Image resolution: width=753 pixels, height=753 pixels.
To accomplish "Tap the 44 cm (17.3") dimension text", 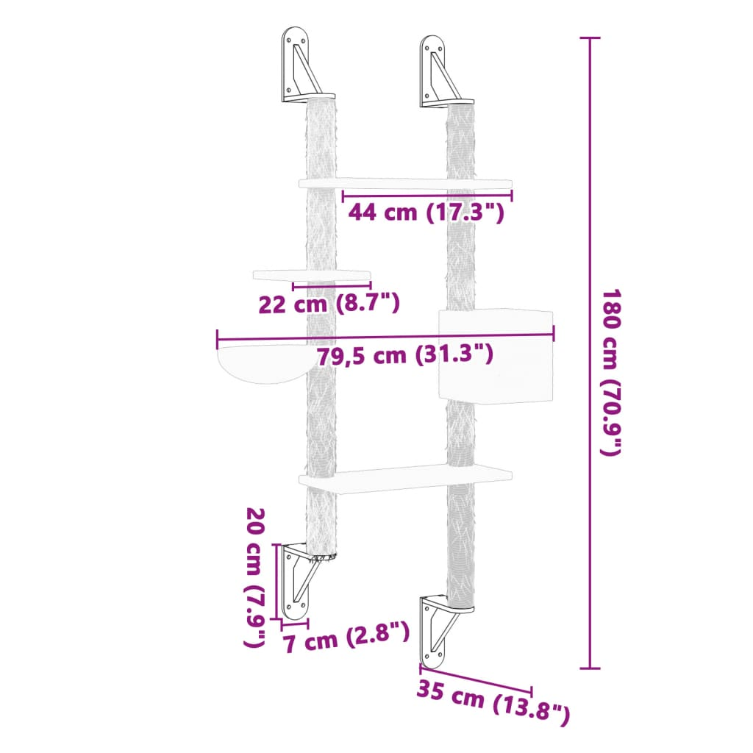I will coord(426,213).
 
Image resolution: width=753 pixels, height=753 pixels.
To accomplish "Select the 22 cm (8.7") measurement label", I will coord(329,302).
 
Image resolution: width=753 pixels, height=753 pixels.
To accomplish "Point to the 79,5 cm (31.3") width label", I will coord(404,355).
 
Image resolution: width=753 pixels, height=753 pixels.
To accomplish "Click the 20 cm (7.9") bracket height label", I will coord(254,577).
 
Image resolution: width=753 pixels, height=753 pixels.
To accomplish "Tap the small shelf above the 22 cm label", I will coord(312,275).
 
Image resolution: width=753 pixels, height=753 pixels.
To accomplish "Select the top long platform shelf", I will coord(405,182).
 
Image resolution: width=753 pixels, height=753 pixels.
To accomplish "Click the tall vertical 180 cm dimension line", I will coord(589,353).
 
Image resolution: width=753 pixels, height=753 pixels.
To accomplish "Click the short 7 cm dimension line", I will coord(295,624).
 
